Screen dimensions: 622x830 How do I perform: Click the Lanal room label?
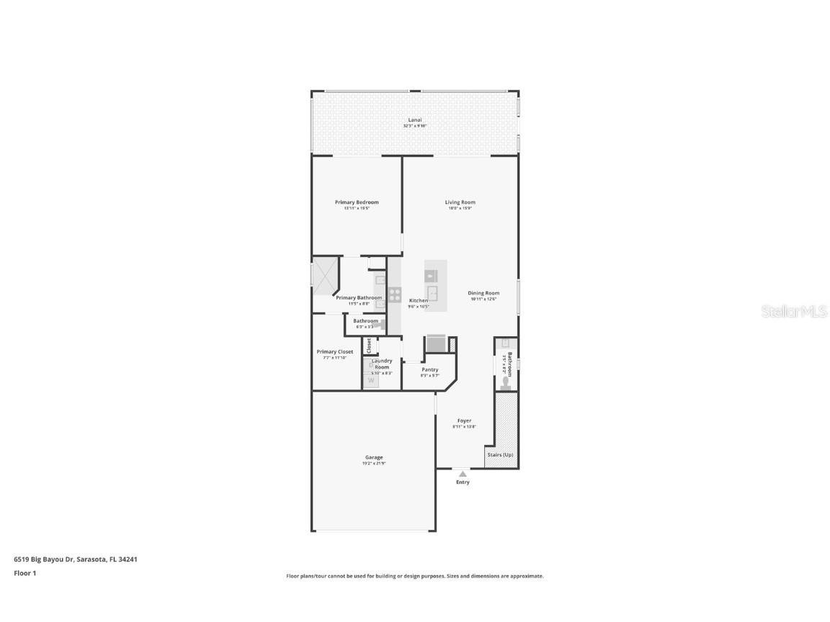(415, 120)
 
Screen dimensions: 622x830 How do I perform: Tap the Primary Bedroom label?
(357, 202)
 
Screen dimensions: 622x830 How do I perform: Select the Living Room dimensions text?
(460, 209)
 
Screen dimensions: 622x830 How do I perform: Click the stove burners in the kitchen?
(394, 294)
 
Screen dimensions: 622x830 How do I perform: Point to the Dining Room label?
(484, 293)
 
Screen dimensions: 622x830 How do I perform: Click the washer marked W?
(371, 380)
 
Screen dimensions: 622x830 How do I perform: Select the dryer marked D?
(371, 365)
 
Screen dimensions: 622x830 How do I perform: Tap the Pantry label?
(429, 369)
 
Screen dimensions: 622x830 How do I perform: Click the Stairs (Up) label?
(500, 455)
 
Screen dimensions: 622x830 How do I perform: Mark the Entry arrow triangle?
(463, 474)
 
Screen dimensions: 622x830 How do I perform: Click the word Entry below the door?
(463, 482)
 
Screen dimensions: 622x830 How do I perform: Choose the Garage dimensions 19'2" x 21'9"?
(374, 464)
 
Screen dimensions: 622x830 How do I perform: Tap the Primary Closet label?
(335, 352)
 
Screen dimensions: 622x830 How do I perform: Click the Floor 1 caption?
(24, 573)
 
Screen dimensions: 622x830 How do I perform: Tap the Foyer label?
(465, 420)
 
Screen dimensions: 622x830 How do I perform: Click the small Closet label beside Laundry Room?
(370, 345)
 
